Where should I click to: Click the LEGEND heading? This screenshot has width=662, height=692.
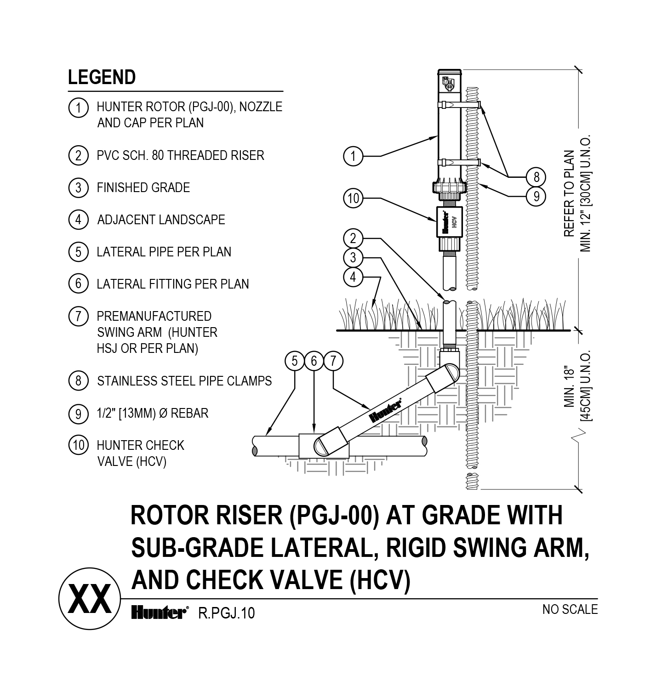pos(102,78)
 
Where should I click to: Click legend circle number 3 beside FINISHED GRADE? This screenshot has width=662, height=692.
pos(78,187)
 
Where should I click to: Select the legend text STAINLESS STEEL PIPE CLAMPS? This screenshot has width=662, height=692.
pos(184,381)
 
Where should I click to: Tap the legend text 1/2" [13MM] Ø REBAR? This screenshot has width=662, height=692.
pos(152,413)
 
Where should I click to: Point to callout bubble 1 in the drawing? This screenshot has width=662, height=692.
pos(353,156)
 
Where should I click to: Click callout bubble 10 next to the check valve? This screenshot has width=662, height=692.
pos(353,199)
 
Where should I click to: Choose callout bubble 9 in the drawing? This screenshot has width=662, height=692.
pos(536,197)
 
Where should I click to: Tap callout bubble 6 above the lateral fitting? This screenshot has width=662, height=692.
pos(314,361)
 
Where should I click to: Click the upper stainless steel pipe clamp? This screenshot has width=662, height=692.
pos(460,105)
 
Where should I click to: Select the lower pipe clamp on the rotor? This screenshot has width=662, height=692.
pos(460,162)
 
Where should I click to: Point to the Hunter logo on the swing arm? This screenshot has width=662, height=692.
pos(386,410)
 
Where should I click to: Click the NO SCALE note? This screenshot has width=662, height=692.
pos(570,609)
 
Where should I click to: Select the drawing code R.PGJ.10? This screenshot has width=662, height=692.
pos(226,613)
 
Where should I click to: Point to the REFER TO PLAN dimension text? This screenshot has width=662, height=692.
pos(569,193)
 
